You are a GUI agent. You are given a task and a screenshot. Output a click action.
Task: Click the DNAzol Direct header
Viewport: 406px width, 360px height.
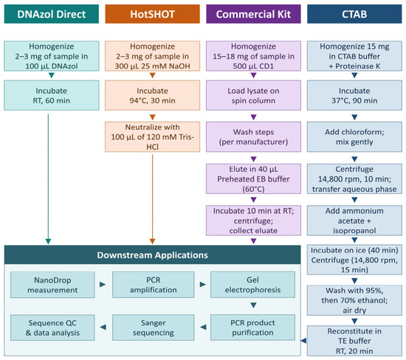tap(51, 14)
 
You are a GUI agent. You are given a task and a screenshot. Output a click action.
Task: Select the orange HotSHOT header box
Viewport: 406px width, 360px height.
tap(152, 14)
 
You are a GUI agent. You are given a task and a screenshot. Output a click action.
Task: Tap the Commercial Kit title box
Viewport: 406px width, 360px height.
tap(253, 14)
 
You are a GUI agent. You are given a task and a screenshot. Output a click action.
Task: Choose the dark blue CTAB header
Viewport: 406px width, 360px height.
tap(354, 14)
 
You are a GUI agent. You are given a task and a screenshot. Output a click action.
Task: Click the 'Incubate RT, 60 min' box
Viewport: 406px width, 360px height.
tap(51, 95)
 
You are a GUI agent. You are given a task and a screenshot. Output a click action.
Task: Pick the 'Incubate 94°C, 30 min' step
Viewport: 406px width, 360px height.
tap(152, 95)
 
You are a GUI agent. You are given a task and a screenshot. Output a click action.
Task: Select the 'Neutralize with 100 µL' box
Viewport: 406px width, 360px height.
tap(152, 137)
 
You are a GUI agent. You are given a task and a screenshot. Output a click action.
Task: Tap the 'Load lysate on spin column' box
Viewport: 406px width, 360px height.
tap(253, 95)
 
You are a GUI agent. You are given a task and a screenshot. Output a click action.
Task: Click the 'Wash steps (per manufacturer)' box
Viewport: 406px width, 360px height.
tap(253, 137)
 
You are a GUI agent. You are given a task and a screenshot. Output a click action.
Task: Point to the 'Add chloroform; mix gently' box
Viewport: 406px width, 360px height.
tap(354, 137)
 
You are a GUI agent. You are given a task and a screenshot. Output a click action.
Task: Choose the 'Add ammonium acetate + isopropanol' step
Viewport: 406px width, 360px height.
tap(354, 221)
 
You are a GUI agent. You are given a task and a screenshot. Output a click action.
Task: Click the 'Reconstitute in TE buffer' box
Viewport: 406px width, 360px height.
tap(354, 341)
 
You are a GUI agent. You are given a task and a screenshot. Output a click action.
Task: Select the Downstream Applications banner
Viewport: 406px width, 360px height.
tap(152, 255)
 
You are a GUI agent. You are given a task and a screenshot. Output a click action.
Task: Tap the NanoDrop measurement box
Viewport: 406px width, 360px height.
tap(52, 285)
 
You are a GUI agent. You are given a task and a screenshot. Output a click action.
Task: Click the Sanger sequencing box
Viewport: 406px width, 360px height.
tap(154, 328)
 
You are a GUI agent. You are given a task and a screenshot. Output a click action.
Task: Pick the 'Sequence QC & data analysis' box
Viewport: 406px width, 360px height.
tap(52, 328)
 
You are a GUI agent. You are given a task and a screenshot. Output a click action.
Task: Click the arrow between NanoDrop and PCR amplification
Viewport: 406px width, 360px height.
tap(103, 285)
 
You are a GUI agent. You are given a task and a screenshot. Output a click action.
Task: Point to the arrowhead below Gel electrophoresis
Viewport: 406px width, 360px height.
tap(253, 305)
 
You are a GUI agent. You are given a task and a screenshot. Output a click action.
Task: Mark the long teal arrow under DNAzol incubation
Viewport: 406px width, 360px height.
tap(48, 179)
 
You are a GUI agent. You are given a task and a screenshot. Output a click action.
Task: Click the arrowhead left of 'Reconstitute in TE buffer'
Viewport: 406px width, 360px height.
tap(304, 341)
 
